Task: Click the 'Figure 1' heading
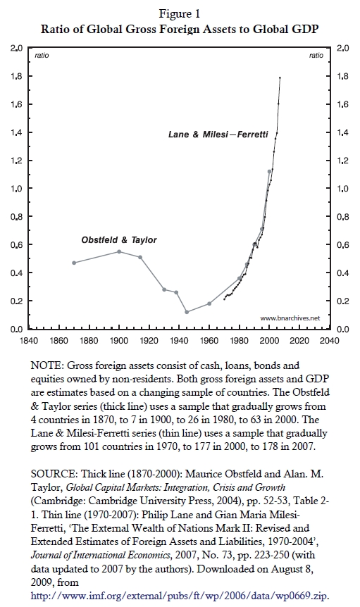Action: pyautogui.click(x=180, y=14)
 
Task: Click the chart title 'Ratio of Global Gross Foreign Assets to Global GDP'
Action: pyautogui.click(x=180, y=29)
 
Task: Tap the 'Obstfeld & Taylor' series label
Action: pyautogui.click(x=119, y=240)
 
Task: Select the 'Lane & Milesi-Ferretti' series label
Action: pyautogui.click(x=218, y=134)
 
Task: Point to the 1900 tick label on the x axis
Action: pyautogui.click(x=119, y=341)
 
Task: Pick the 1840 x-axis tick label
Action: pyautogui.click(x=29, y=341)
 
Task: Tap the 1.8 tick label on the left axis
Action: pyautogui.click(x=16, y=76)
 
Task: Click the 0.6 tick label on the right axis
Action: pyautogui.click(x=342, y=245)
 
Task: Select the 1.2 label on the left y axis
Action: pyautogui.click(x=16, y=161)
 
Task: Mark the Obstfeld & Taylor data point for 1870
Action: pyautogui.click(x=74, y=263)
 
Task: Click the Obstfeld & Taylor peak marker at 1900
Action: pyautogui.click(x=119, y=251)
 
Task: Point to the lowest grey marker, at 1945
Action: pyautogui.click(x=187, y=312)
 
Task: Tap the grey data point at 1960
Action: pyautogui.click(x=209, y=303)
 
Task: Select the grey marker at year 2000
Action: pyautogui.click(x=269, y=171)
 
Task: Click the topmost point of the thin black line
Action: pyautogui.click(x=280, y=77)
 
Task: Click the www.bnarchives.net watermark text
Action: pyautogui.click(x=290, y=318)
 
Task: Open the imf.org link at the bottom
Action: pyautogui.click(x=180, y=596)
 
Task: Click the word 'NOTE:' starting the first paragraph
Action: pyautogui.click(x=46, y=365)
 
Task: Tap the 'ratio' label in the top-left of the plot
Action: pyautogui.click(x=42, y=56)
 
